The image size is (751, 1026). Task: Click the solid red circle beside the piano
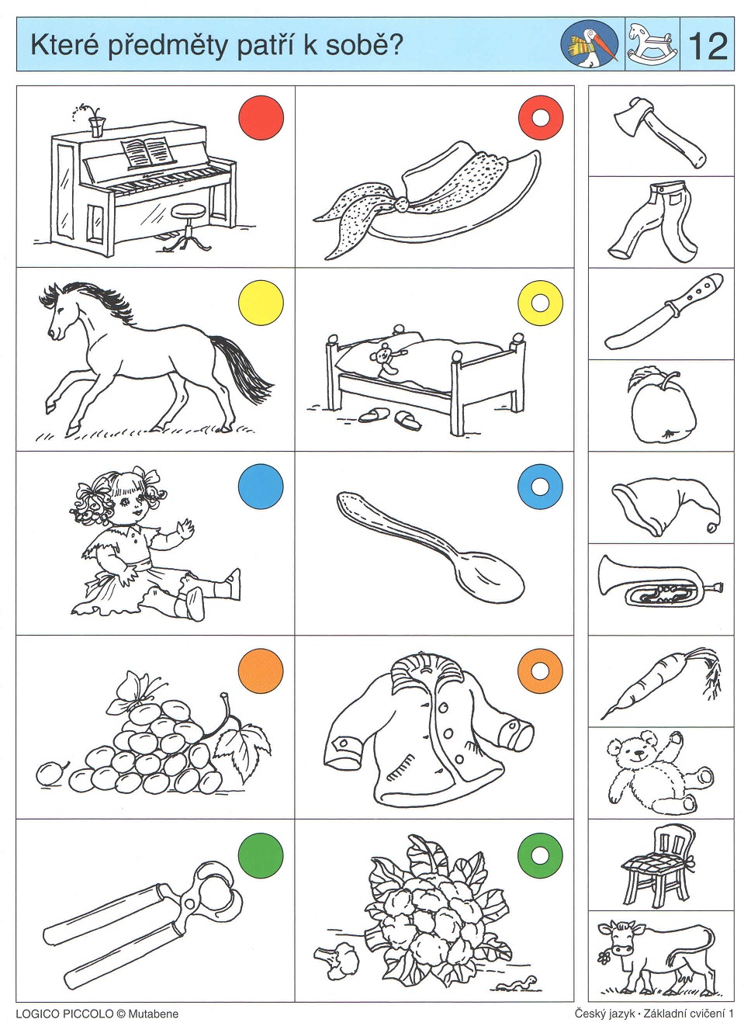[x=261, y=118]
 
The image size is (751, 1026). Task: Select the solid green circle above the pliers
[x=261, y=855]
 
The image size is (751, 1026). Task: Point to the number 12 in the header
[x=708, y=46]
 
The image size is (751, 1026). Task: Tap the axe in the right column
[x=660, y=133]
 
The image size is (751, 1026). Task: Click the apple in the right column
[x=662, y=405]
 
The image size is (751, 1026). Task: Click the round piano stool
[x=187, y=227]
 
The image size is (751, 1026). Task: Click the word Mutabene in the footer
[x=154, y=1014]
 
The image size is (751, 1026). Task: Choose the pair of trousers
[x=655, y=221]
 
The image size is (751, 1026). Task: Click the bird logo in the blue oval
[x=590, y=44]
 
